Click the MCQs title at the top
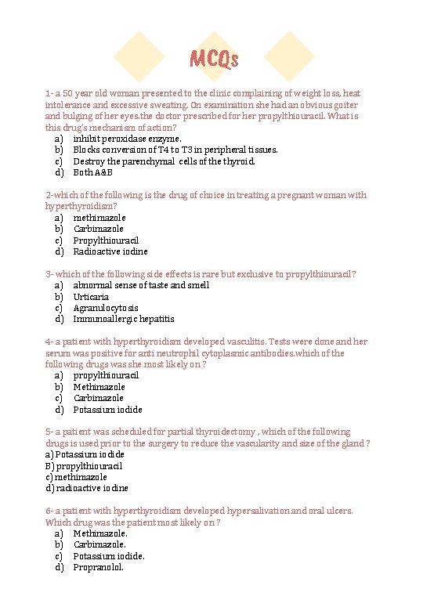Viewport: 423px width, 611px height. [x=214, y=59]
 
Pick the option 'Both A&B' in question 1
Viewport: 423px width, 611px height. [x=93, y=172]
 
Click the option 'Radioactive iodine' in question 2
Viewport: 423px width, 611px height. [x=110, y=251]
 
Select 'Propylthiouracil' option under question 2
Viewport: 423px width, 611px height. [x=106, y=240]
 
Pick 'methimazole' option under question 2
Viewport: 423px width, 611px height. [x=99, y=218]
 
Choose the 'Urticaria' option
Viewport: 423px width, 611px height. [x=91, y=297]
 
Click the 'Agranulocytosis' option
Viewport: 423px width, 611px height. [x=106, y=308]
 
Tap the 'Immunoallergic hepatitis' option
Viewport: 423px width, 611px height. [x=124, y=319]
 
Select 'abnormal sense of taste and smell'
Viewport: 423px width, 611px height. [x=141, y=285]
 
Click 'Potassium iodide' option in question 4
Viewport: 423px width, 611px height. [x=108, y=410]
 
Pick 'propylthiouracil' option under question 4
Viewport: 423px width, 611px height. [x=106, y=375]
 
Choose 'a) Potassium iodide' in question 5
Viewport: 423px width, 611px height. [x=85, y=454]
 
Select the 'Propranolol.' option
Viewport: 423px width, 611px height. [x=99, y=567]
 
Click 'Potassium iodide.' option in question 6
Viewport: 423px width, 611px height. [x=109, y=556]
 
